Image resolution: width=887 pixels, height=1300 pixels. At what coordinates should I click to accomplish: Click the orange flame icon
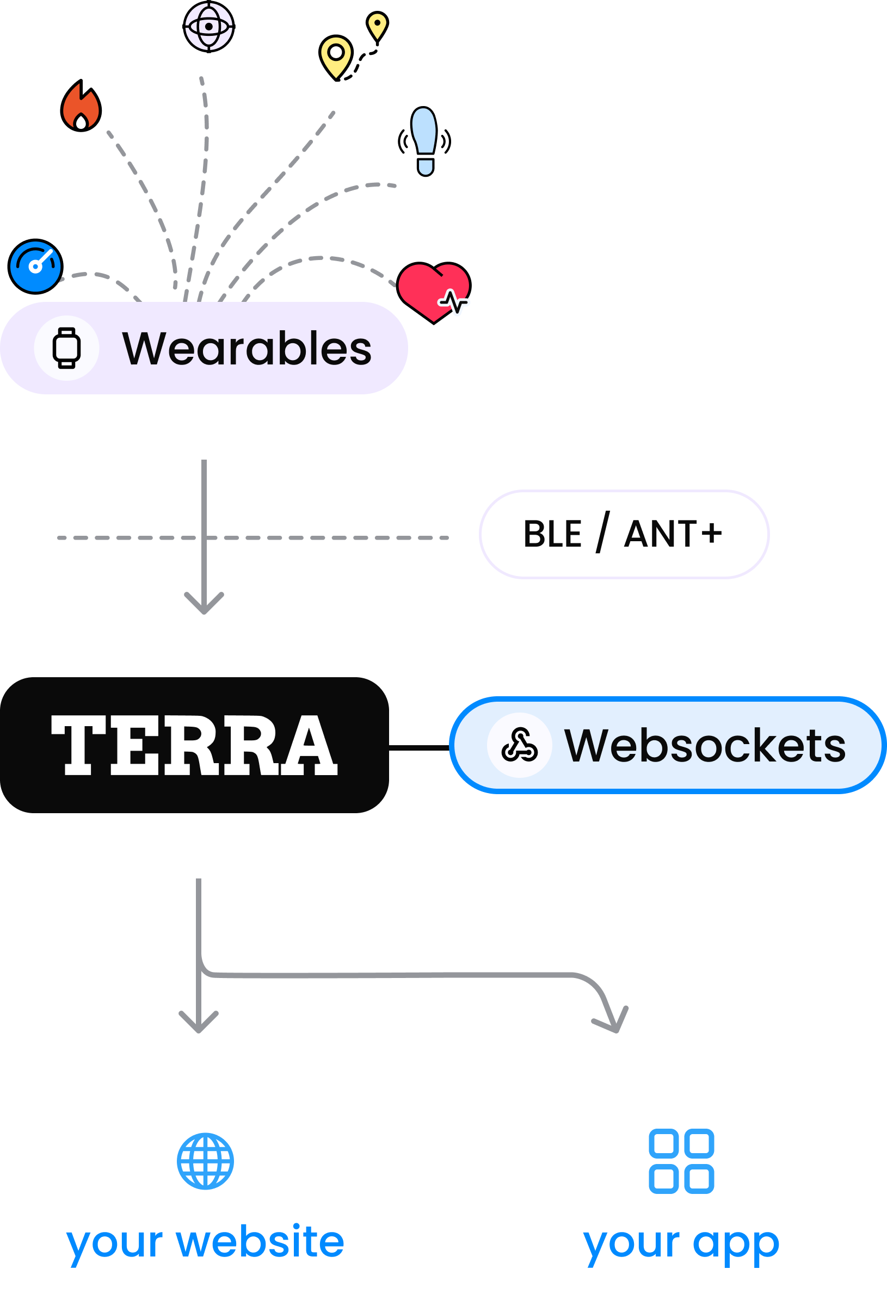[x=81, y=107]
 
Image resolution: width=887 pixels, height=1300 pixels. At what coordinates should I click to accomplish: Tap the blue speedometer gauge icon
[x=35, y=267]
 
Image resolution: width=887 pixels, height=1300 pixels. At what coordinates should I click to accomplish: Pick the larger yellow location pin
[x=336, y=57]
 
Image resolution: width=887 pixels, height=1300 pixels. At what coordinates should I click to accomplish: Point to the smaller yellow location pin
[x=377, y=26]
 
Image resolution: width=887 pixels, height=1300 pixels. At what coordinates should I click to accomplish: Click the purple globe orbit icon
[x=209, y=26]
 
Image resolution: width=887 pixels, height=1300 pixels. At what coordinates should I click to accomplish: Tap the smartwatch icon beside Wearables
[x=66, y=348]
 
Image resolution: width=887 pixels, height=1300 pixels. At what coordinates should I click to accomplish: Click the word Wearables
[x=247, y=349]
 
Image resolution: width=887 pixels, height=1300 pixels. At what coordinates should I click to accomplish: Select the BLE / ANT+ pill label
[x=624, y=534]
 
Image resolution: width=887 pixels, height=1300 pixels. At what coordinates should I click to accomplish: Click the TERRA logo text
[x=194, y=745]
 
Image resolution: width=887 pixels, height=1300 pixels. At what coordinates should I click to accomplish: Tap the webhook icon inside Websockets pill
[x=519, y=745]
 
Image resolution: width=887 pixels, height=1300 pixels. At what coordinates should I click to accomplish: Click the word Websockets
[x=705, y=746]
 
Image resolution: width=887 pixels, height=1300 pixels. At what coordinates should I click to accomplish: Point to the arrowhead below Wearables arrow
[x=204, y=606]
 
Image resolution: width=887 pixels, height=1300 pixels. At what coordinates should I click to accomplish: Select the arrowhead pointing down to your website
[x=199, y=1023]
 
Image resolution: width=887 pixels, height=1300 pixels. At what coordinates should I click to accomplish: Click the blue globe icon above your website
[x=205, y=1161]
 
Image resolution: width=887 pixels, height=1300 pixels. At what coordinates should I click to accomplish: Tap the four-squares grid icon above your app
[x=681, y=1161]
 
